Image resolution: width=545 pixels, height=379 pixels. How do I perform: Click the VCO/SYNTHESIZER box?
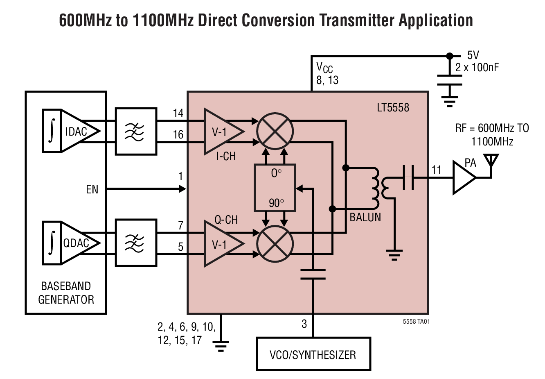click(313, 354)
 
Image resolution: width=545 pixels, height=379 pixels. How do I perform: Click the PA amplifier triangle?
click(464, 178)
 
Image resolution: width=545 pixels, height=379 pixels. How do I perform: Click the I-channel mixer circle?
click(275, 131)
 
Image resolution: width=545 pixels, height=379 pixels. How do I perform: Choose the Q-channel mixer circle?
click(275, 243)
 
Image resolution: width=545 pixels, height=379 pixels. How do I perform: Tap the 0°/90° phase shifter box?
click(275, 188)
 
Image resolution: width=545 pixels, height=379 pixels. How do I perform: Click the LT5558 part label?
click(393, 108)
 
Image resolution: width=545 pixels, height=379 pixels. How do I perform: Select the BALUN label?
click(365, 217)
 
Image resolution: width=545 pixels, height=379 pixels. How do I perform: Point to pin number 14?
click(178, 113)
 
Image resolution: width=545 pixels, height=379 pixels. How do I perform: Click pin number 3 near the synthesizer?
click(304, 324)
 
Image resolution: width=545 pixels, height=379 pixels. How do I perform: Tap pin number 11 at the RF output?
click(437, 170)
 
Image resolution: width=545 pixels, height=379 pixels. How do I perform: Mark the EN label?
click(92, 189)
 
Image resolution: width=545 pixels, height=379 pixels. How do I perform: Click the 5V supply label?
click(473, 55)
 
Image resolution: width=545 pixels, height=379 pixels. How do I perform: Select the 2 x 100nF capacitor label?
click(477, 68)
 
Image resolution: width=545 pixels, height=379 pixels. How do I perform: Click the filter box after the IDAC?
click(136, 131)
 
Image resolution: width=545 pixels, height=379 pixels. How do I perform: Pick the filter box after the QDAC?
click(136, 243)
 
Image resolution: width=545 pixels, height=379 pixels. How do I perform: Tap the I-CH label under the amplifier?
click(226, 157)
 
